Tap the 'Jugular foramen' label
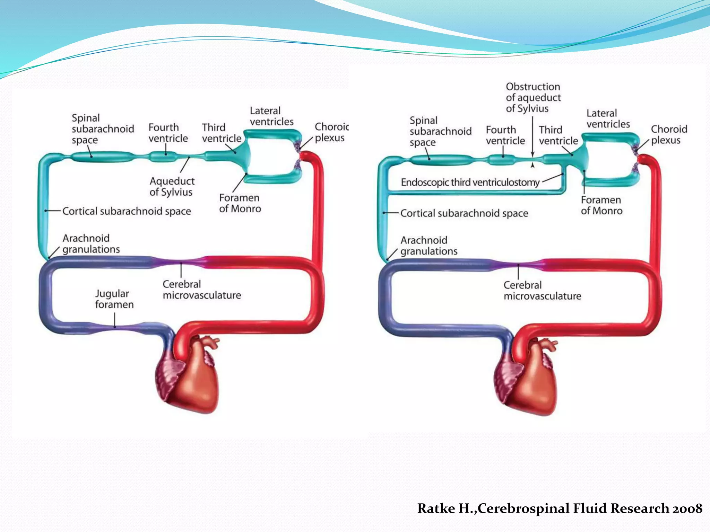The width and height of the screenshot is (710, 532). pos(114,299)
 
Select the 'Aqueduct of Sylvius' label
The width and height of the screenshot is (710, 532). pos(172,186)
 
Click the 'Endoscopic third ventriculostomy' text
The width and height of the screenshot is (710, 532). pos(470,182)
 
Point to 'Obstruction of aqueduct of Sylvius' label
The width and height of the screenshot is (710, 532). pos(533,97)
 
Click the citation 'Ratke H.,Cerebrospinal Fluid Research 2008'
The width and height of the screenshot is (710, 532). pos(560,508)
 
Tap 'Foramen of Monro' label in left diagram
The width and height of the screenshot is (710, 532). pos(240,203)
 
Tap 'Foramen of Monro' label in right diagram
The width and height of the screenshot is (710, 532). pos(601,205)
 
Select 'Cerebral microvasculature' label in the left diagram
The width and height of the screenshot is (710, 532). pos(202,290)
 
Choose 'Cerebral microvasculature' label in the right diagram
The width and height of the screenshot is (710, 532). pos(542,290)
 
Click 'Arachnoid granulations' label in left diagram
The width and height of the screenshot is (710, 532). pos(91,243)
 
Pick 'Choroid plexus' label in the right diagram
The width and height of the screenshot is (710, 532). pos(669,134)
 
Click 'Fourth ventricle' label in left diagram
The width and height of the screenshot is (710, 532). pos(168,133)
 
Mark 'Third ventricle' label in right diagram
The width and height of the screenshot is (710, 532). pos(558,135)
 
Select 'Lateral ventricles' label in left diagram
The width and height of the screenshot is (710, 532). pos(271,116)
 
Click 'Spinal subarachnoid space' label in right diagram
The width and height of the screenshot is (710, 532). pos(440,131)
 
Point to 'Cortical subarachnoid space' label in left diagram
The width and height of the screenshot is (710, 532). pos(127,211)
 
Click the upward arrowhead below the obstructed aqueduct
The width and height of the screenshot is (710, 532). pos(533,165)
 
